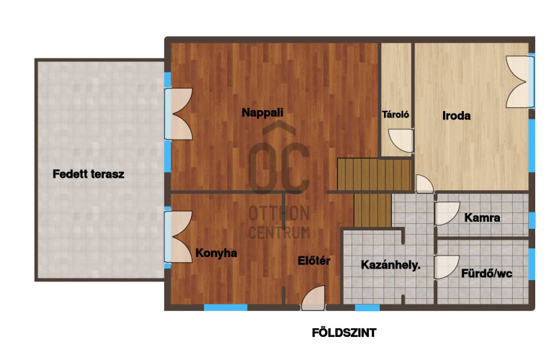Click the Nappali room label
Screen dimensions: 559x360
(262, 112)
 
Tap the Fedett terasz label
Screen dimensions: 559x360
(89, 174)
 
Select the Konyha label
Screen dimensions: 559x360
(216, 253)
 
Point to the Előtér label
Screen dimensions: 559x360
(314, 261)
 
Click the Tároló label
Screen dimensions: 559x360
(395, 114)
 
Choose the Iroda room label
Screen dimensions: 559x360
(456, 115)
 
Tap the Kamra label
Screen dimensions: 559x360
(482, 217)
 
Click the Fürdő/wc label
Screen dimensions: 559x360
(487, 274)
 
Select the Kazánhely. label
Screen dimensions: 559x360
(390, 265)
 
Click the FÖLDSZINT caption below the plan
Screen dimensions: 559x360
(344, 333)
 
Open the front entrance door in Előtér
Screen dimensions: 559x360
(313, 298)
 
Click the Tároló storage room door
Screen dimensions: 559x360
(401, 141)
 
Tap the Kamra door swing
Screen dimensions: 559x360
(447, 214)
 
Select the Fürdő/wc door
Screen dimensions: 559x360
(447, 267)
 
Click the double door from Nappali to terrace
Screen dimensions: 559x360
(179, 114)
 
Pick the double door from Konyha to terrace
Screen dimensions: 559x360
(179, 237)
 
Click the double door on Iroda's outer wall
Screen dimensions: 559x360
(520, 81)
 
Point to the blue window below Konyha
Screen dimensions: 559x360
(225, 307)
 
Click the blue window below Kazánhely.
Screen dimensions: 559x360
(367, 307)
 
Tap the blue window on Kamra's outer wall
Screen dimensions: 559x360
(532, 220)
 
